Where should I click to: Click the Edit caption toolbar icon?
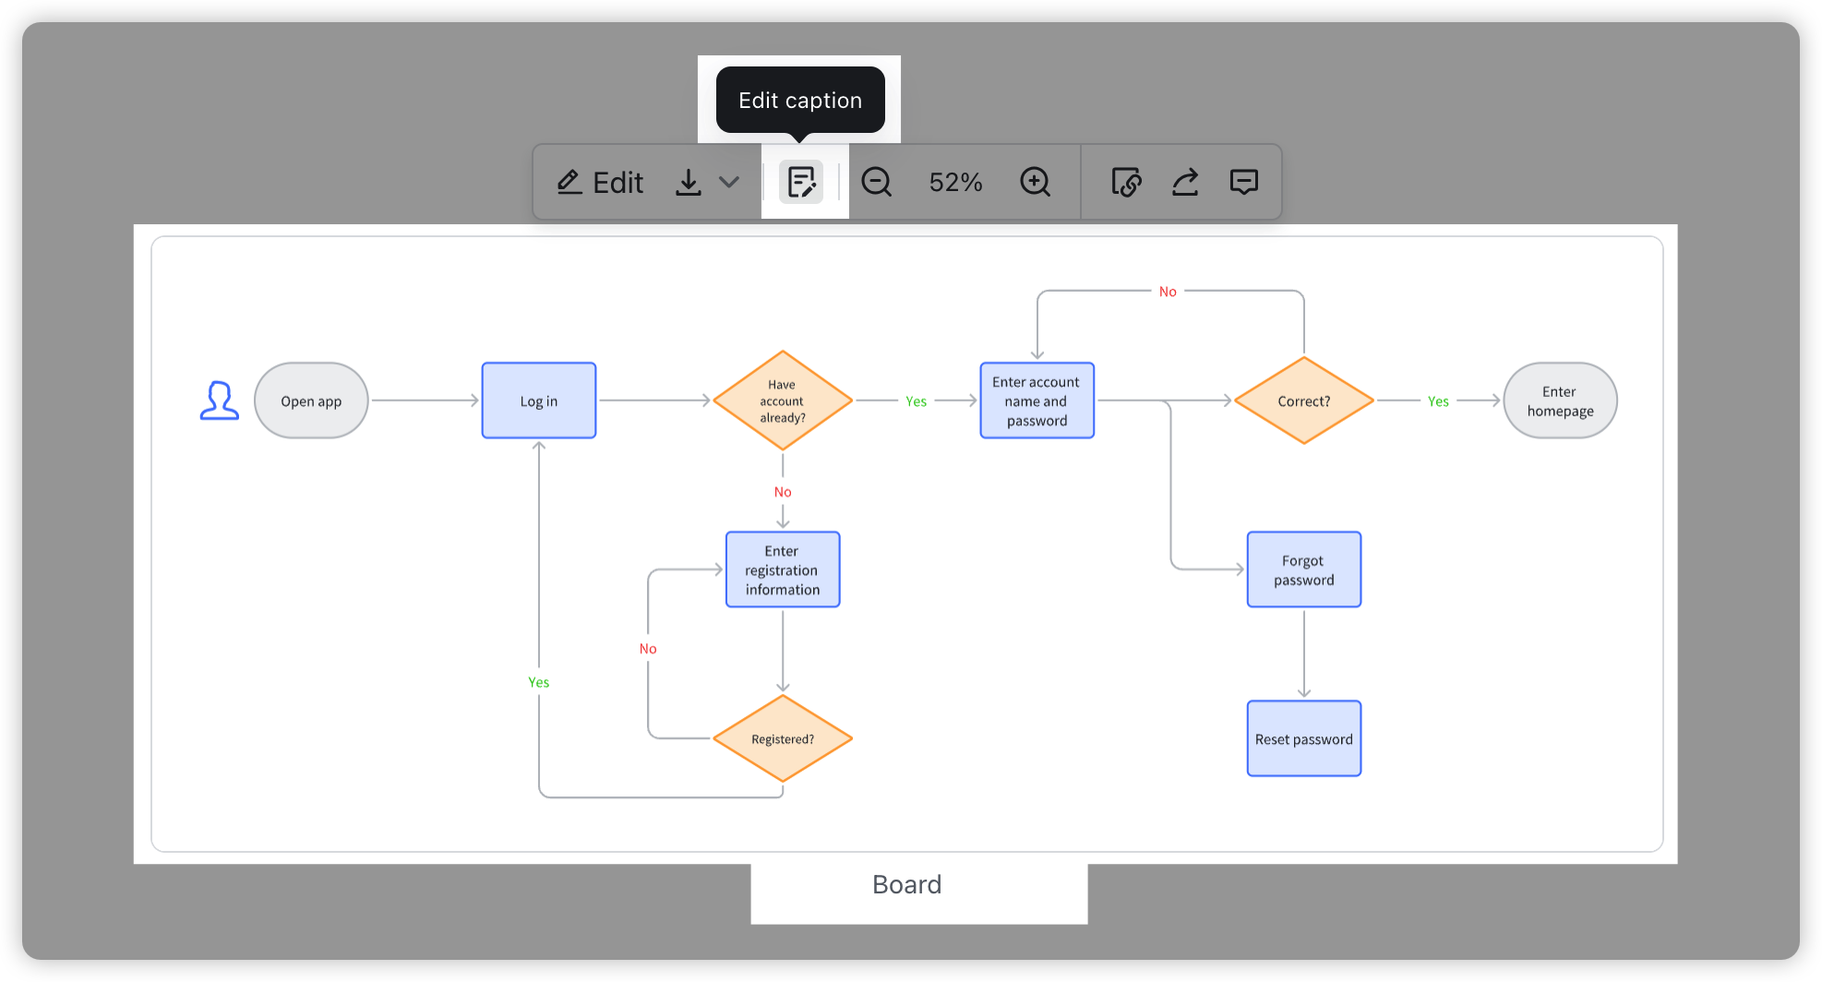pyautogui.click(x=801, y=182)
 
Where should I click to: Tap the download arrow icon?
pyautogui.click(x=688, y=182)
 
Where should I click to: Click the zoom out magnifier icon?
pyautogui.click(x=876, y=182)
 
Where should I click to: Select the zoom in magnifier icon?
pyautogui.click(x=1035, y=182)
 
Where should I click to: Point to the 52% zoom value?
pyautogui.click(x=955, y=182)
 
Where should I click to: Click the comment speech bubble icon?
pyautogui.click(x=1243, y=182)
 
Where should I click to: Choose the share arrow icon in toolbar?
pyautogui.click(x=1185, y=182)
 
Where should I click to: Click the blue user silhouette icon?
pyautogui.click(x=220, y=401)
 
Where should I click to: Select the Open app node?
pyautogui.click(x=311, y=401)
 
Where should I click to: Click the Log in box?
pyautogui.click(x=539, y=401)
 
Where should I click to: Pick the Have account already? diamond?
pyautogui.click(x=783, y=401)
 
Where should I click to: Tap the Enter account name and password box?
pyautogui.click(x=1037, y=401)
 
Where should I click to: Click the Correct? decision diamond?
pyautogui.click(x=1303, y=401)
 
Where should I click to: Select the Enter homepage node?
pyautogui.click(x=1560, y=401)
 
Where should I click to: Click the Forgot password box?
pyautogui.click(x=1303, y=569)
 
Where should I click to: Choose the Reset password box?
pyautogui.click(x=1303, y=738)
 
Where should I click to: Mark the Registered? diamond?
pyautogui.click(x=783, y=738)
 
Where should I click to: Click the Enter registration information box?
pyautogui.click(x=783, y=569)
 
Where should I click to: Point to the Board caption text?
pyautogui.click(x=906, y=884)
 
